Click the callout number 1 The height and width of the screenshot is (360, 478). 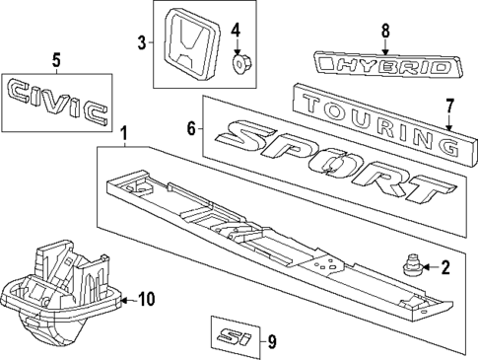tap(123, 133)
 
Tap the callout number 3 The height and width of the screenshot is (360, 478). tap(142, 42)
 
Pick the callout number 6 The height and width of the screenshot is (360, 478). tap(193, 127)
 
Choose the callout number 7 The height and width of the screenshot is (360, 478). tap(448, 105)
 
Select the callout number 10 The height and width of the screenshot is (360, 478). tap(146, 298)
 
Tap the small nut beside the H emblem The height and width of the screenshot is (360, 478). tap(237, 64)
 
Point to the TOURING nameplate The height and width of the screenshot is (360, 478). tap(379, 124)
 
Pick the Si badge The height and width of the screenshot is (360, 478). tap(236, 335)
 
